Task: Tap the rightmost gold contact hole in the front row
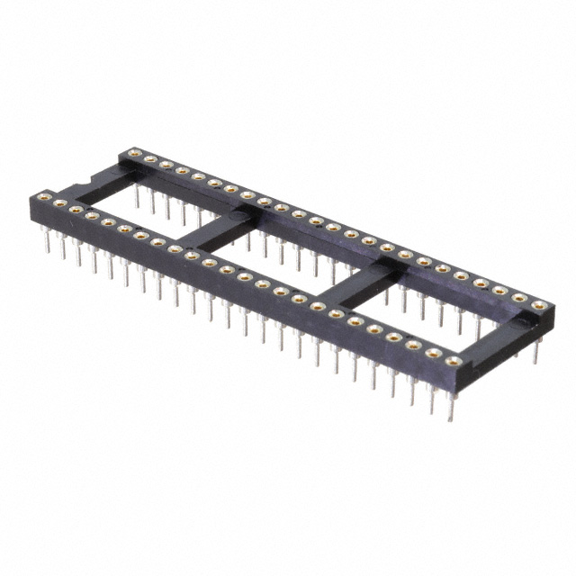[x=453, y=361]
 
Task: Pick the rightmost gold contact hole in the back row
[x=538, y=306]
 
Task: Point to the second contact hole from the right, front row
[x=436, y=354]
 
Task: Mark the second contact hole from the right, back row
[x=519, y=299]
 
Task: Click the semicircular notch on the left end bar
[x=79, y=184]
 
